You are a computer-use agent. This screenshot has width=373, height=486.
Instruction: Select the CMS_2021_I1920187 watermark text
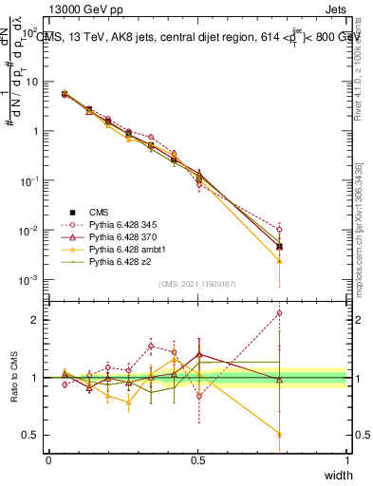tap(196, 284)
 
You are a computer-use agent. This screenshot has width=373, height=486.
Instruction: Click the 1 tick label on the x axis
tap(346, 459)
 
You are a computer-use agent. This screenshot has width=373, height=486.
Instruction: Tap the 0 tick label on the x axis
tap(48, 459)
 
